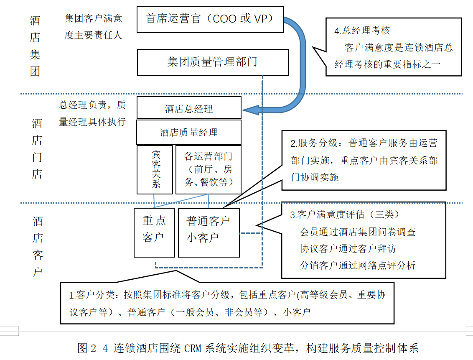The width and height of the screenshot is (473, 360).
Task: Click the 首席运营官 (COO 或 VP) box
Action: point(210,19)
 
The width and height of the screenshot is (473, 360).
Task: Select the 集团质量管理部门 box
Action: point(213,62)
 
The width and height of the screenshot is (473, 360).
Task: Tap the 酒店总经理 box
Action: point(189,109)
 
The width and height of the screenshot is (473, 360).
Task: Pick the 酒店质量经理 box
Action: point(189,133)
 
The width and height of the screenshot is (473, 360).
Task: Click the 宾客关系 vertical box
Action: point(155,169)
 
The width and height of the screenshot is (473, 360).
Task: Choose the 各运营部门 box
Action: point(209,169)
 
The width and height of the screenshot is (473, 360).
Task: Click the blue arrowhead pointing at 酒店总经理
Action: point(250,110)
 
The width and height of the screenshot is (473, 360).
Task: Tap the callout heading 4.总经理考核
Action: point(362,31)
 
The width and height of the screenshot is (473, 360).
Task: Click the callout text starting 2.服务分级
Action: point(364,160)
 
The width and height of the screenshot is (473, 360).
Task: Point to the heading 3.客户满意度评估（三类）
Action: point(345,214)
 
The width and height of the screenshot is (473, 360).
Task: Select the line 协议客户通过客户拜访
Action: point(348,249)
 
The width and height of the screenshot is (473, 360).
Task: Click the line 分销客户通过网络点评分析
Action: point(358,265)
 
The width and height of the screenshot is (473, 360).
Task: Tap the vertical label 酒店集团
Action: point(35,46)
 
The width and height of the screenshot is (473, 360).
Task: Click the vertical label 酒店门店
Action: point(37,149)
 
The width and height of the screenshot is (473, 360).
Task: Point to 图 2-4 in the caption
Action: point(94,348)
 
